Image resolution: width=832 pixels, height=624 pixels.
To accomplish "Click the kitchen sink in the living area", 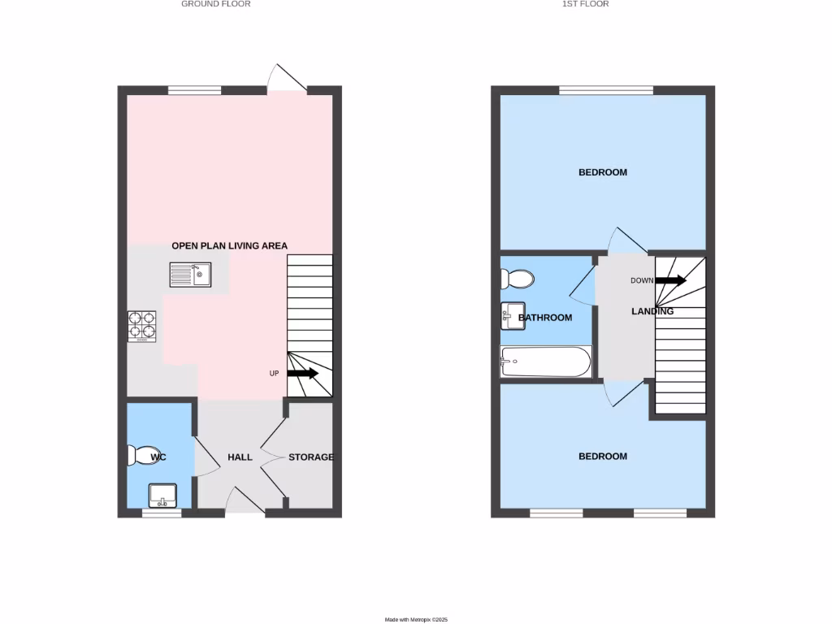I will click(x=190, y=275).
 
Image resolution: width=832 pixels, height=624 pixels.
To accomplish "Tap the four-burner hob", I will click(x=141, y=325).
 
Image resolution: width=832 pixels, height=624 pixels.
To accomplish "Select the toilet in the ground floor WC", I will click(x=142, y=455).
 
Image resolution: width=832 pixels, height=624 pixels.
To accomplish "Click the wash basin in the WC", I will click(x=163, y=494).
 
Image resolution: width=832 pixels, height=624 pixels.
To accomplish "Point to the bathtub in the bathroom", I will click(x=546, y=362).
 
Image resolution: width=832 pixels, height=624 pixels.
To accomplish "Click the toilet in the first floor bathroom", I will click(x=517, y=279).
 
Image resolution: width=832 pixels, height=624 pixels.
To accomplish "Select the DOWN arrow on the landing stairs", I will click(x=670, y=280).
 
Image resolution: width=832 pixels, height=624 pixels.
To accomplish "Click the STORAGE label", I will click(x=311, y=457).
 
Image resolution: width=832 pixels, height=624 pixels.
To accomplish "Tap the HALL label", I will click(x=240, y=457).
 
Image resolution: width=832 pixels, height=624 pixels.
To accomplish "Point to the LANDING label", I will click(x=652, y=311).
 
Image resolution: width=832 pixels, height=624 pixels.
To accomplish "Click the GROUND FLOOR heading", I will click(x=215, y=4).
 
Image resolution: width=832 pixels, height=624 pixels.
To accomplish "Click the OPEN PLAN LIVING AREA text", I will click(x=229, y=245).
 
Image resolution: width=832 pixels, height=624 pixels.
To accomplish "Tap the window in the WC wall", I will click(x=162, y=513).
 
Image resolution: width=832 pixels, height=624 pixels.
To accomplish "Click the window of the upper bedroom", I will click(x=606, y=90).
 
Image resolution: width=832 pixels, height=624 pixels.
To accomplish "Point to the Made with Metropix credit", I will click(x=416, y=619).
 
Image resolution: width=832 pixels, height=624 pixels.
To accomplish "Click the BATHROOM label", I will click(x=545, y=318).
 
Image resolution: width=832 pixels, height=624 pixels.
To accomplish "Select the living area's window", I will click(x=195, y=90).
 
